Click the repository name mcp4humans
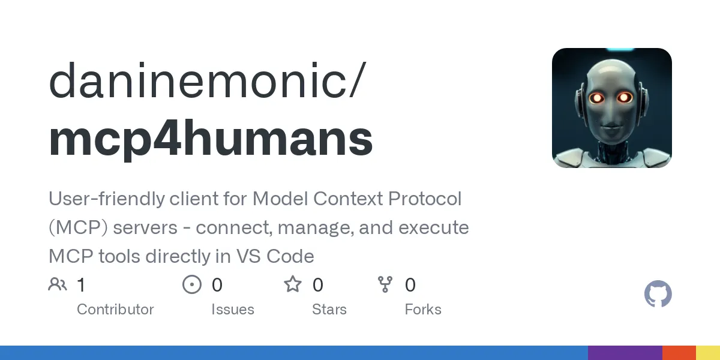click(x=211, y=140)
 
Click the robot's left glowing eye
click(x=596, y=98)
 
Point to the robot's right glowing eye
click(x=625, y=97)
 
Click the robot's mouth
click(x=611, y=128)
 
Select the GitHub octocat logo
click(x=658, y=295)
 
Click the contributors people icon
click(x=58, y=284)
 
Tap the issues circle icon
click(x=192, y=284)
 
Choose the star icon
click(x=293, y=284)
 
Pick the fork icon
click(x=385, y=284)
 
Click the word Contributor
click(x=115, y=310)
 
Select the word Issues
click(x=233, y=310)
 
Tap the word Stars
click(x=329, y=310)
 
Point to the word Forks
click(x=423, y=310)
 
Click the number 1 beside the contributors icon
click(x=82, y=285)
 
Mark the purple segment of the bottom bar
click(x=625, y=353)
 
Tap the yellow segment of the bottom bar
click(x=708, y=353)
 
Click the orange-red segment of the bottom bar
click(x=679, y=353)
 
